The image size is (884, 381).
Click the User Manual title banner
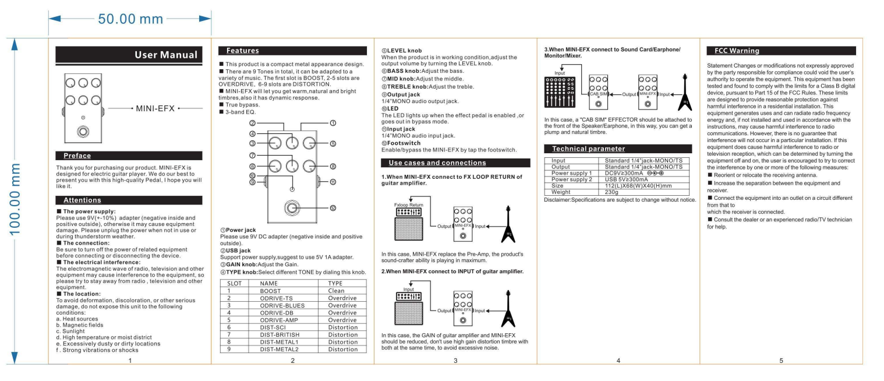pos(129,55)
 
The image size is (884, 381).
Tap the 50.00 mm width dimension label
pos(130,19)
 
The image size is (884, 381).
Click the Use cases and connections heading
pos(437,163)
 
